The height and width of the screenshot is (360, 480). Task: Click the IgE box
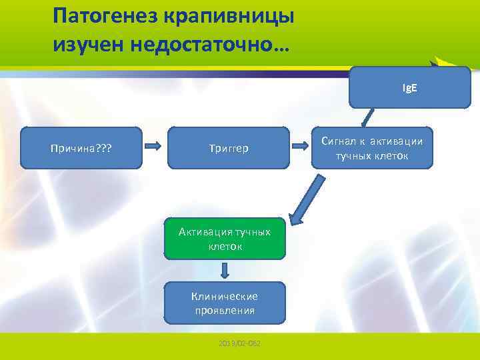click(409, 87)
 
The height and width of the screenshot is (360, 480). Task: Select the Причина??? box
click(81, 148)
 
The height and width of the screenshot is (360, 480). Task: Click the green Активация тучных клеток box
click(225, 238)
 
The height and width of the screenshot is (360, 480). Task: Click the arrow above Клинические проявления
click(225, 269)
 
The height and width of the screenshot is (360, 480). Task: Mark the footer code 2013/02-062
click(239, 343)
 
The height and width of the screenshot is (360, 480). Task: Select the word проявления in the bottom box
click(225, 311)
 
